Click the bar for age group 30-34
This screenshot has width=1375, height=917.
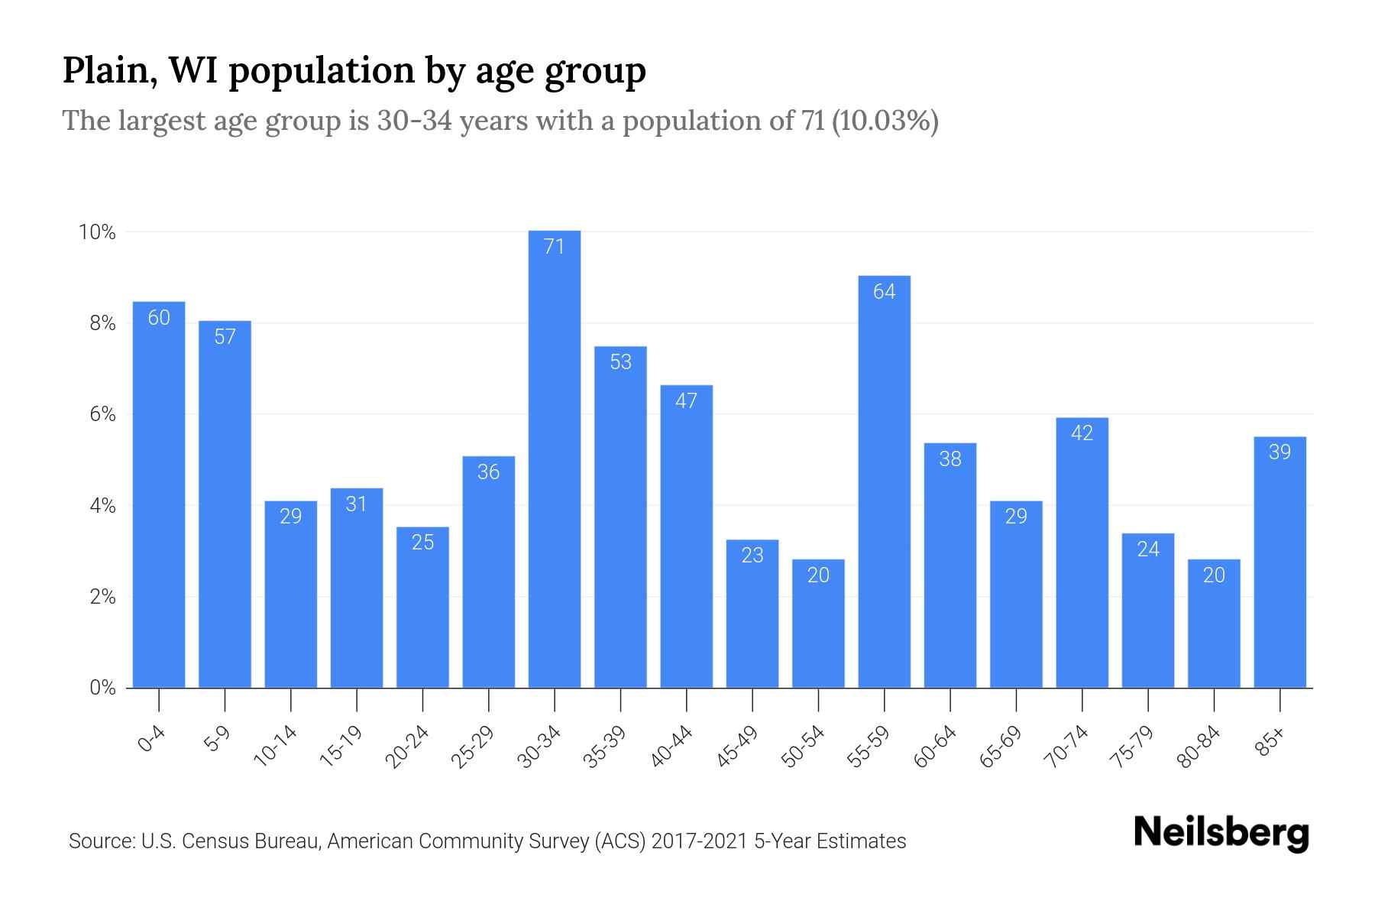[555, 458]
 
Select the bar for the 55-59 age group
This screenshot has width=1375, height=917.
[884, 481]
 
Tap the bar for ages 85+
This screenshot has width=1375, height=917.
[1280, 562]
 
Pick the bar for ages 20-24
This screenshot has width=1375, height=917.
[422, 608]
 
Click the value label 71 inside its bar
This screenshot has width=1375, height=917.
[554, 246]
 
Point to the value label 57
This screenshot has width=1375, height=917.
[225, 336]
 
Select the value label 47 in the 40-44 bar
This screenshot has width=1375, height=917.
[686, 400]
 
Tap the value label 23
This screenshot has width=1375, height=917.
[752, 555]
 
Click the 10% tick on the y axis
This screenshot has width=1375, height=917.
[97, 232]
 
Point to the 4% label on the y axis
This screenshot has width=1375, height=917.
[102, 506]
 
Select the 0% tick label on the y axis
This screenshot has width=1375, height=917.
[102, 688]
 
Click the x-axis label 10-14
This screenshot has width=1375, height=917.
[276, 747]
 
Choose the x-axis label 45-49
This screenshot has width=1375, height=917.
[737, 747]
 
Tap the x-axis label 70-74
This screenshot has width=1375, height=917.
[1066, 747]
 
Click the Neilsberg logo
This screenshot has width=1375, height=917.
[1221, 833]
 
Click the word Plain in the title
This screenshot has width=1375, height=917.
[104, 71]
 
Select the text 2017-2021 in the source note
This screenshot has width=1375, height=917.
[699, 841]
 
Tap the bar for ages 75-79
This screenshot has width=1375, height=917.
[1148, 611]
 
